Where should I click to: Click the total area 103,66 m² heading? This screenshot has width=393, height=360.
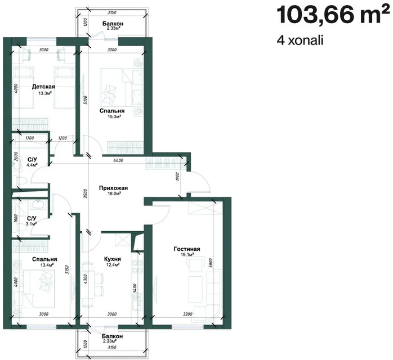[332, 15]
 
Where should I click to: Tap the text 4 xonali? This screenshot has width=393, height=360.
[300, 40]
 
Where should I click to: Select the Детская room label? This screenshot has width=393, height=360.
[43, 87]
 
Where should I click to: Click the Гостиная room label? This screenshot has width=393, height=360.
[187, 249]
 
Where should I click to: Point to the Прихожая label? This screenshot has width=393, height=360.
[113, 188]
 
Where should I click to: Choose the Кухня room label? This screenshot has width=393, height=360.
[113, 259]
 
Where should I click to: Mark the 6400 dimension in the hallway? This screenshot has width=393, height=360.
[118, 160]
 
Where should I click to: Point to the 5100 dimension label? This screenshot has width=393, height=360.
[86, 100]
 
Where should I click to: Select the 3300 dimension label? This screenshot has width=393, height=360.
[187, 314]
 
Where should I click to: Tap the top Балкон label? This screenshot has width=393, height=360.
[113, 24]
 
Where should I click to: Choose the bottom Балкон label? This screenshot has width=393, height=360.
[113, 336]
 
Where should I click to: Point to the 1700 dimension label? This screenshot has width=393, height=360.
[30, 138]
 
